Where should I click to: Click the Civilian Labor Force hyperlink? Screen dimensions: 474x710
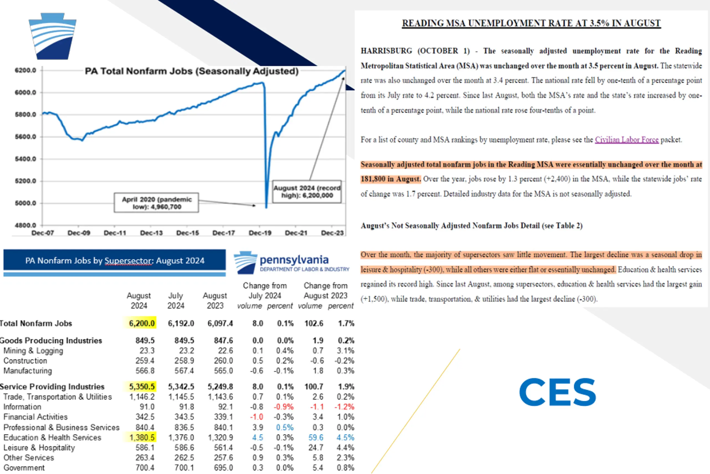(627, 140)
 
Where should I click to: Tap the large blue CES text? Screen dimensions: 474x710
(557, 392)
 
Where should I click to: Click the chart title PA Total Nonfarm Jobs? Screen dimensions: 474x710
(191, 71)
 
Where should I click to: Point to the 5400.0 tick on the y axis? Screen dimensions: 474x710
(25, 159)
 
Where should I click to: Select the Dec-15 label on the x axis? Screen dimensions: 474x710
(187, 233)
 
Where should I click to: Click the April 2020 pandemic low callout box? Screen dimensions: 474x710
(156, 203)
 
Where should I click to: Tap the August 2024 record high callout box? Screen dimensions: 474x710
(307, 192)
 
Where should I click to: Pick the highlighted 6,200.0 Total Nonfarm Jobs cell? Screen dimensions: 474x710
(141, 323)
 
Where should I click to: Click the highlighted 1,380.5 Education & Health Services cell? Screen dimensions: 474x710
(141, 437)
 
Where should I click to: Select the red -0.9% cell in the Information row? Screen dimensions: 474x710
(283, 407)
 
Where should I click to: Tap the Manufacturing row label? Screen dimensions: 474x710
(28, 371)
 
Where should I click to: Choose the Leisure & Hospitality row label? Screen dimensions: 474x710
(39, 448)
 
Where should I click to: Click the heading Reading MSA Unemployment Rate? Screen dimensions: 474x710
(531, 23)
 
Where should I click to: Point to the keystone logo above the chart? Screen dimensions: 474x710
(52, 36)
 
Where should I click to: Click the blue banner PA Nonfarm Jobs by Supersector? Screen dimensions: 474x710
(115, 260)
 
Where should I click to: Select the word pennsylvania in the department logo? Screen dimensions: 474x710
(294, 260)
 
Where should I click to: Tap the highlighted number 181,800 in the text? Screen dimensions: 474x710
(373, 179)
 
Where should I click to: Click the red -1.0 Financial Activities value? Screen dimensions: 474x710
(257, 417)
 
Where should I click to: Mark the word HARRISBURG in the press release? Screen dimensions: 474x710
(386, 51)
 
